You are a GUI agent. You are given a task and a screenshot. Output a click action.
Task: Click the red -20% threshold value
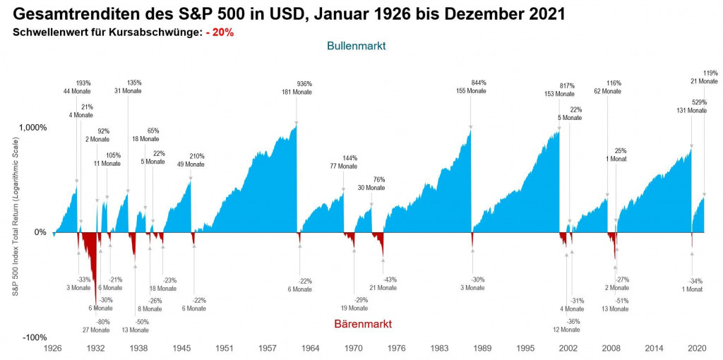(x=220, y=32)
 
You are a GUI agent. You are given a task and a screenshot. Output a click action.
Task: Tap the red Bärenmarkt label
(x=361, y=323)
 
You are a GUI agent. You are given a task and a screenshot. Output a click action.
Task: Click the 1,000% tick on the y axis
(x=32, y=128)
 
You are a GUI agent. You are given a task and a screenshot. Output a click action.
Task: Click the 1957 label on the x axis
(x=268, y=349)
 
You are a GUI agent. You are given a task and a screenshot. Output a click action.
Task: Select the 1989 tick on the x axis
(x=483, y=349)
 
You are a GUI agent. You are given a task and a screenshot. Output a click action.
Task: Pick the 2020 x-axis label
(x=698, y=349)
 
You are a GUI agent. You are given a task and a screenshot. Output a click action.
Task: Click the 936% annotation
(x=304, y=83)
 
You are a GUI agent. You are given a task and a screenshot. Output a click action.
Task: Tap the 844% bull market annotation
(x=478, y=83)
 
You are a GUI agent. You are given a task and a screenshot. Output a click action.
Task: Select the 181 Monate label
(x=297, y=92)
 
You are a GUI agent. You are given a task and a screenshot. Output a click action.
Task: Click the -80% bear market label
(x=102, y=322)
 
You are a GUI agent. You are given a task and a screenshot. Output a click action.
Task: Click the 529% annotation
(x=698, y=102)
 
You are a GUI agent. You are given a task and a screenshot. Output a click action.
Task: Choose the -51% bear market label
(x=621, y=301)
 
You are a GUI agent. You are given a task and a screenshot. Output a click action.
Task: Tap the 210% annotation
(x=197, y=156)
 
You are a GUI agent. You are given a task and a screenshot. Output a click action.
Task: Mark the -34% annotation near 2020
(x=695, y=281)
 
